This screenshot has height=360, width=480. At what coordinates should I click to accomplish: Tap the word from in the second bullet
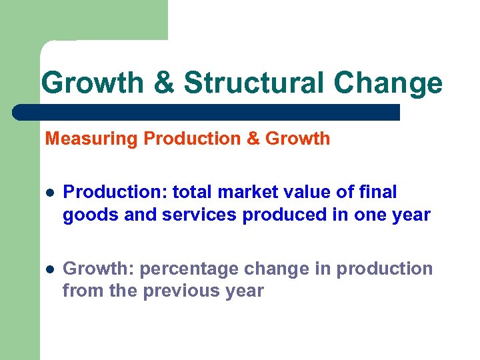(79, 291)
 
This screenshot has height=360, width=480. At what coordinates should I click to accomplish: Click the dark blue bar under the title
(207, 111)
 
